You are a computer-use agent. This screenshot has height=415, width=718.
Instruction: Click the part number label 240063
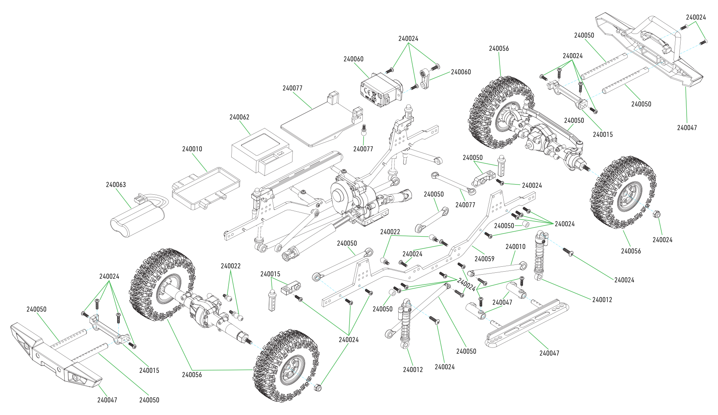116,184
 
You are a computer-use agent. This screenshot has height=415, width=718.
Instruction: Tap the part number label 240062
239,117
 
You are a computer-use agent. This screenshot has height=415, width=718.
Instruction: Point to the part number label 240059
484,259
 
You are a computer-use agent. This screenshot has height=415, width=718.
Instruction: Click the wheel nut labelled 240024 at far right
657,214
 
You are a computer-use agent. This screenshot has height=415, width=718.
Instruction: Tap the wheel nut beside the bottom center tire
318,387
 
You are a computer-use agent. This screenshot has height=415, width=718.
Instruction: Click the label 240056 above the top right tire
499,48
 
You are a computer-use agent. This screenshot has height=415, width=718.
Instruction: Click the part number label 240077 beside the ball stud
363,149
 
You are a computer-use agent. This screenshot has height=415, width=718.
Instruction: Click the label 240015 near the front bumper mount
149,370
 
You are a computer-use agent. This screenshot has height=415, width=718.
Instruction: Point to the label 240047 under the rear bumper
687,128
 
